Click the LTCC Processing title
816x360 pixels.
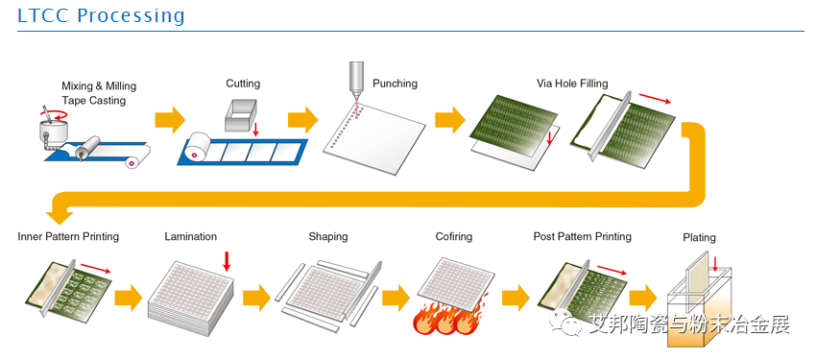coord(101,15)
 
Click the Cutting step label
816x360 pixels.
coord(243,84)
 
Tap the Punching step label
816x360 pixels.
coord(395,84)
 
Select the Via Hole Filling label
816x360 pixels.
coord(572,84)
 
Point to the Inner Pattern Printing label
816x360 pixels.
coord(68,237)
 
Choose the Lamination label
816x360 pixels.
coord(190,237)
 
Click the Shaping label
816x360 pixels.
coord(328,237)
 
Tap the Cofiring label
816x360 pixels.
coord(454,237)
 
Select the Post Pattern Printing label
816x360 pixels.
coord(583,237)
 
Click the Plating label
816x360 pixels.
coord(700,238)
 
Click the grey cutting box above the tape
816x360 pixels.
coord(242,116)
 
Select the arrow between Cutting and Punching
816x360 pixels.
coord(302,120)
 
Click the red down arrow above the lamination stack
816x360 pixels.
coord(227,261)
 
